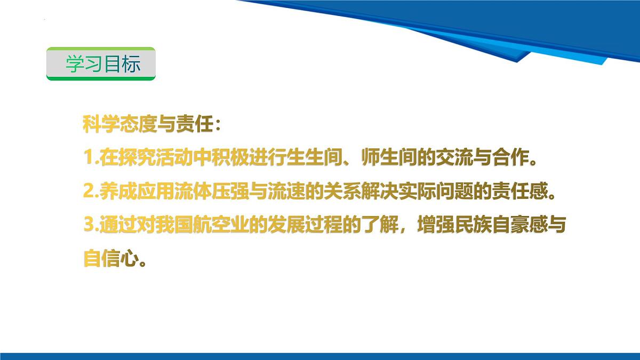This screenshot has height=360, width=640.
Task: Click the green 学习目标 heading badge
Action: tap(101, 63)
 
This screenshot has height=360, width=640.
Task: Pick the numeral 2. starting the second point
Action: tap(90, 193)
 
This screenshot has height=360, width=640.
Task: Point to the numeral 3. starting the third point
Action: tap(90, 226)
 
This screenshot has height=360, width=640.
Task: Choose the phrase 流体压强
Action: tap(202, 193)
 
